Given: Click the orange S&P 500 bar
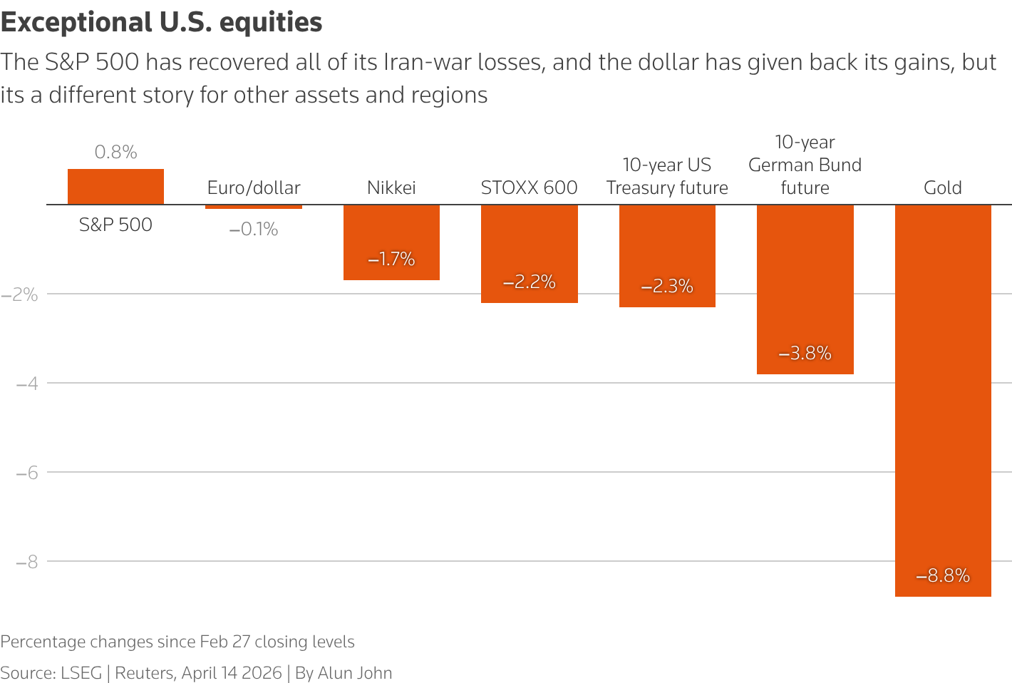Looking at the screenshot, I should pyautogui.click(x=115, y=187).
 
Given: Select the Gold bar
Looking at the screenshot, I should pyautogui.click(x=943, y=399).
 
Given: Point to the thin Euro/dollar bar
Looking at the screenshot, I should pyautogui.click(x=254, y=207).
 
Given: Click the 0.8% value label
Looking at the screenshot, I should pyautogui.click(x=115, y=152).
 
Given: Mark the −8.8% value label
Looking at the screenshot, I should pyautogui.click(x=943, y=575).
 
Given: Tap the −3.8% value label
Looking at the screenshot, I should pyautogui.click(x=805, y=353).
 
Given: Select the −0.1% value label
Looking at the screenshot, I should pyautogui.click(x=254, y=229).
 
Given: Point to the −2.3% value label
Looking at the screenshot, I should pyautogui.click(x=667, y=286).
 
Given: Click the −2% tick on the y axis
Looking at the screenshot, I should pyautogui.click(x=19, y=294).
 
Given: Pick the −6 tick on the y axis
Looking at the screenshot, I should pyautogui.click(x=26, y=472).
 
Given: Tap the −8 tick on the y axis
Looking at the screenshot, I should pyautogui.click(x=26, y=561).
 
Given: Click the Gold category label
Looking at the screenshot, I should pyautogui.click(x=943, y=188).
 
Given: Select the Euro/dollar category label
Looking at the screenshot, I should pyautogui.click(x=254, y=188).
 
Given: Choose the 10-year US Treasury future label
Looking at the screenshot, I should pyautogui.click(x=667, y=176).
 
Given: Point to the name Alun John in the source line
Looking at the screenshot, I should pyautogui.click(x=355, y=673).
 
